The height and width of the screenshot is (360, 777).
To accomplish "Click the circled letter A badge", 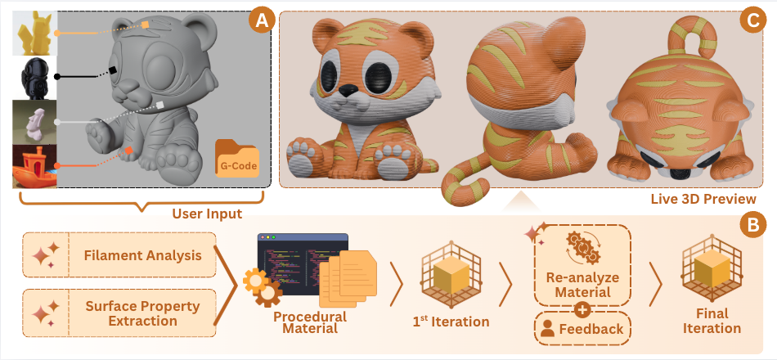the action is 261,22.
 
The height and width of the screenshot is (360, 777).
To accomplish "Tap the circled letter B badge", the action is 752,226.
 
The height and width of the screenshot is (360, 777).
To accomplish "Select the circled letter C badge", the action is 751,22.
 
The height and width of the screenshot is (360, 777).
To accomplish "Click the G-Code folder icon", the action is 237,158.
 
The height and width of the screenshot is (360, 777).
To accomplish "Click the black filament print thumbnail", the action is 34,78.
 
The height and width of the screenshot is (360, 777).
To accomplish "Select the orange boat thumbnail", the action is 34,167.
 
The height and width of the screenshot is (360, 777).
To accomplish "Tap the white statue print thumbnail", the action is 34,122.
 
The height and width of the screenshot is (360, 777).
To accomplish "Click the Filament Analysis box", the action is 119,255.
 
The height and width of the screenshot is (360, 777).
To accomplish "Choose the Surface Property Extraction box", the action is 119,313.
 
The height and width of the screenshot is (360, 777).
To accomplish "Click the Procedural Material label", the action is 310,322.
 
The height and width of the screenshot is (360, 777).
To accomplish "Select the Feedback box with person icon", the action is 582,328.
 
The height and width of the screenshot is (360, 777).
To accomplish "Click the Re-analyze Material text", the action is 582,284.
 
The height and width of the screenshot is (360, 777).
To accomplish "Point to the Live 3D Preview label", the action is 703,199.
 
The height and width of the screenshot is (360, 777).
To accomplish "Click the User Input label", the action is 207,214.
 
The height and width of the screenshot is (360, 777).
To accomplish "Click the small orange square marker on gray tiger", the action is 129,151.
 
